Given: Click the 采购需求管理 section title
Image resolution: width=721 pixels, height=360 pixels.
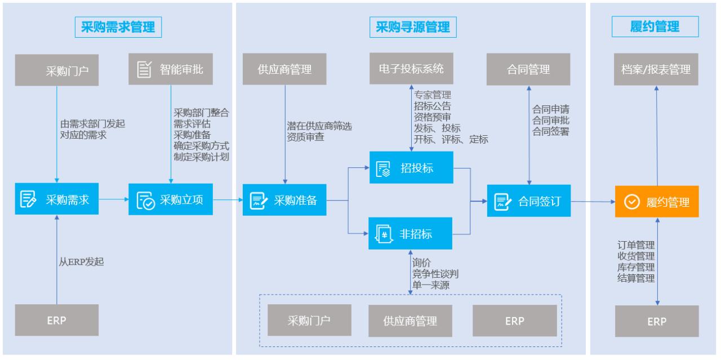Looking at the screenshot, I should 115,27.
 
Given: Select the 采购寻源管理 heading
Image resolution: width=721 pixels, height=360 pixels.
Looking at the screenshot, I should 413,27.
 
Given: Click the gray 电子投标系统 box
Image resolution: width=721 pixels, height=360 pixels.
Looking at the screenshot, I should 411,69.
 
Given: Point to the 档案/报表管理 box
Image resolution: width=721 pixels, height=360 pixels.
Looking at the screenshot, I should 657,69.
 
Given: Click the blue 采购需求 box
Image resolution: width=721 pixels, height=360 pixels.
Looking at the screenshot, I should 57,199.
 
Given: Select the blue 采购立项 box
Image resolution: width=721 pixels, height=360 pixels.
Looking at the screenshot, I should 171,199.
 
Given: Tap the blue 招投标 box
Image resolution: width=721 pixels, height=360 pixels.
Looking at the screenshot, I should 411,167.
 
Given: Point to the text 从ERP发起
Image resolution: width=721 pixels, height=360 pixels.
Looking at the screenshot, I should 82,261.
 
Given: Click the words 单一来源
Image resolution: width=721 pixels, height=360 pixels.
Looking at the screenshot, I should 431,285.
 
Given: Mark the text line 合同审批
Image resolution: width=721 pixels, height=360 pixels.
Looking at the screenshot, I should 550,119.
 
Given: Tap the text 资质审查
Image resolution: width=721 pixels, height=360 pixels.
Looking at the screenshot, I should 305,136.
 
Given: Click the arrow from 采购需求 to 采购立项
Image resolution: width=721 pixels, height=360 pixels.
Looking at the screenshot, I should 113,199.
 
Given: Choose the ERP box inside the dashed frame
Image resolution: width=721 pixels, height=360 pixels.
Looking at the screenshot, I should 514,321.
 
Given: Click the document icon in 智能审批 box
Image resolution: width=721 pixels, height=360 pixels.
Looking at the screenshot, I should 145,69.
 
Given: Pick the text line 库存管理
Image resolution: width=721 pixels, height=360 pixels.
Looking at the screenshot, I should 635,266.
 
